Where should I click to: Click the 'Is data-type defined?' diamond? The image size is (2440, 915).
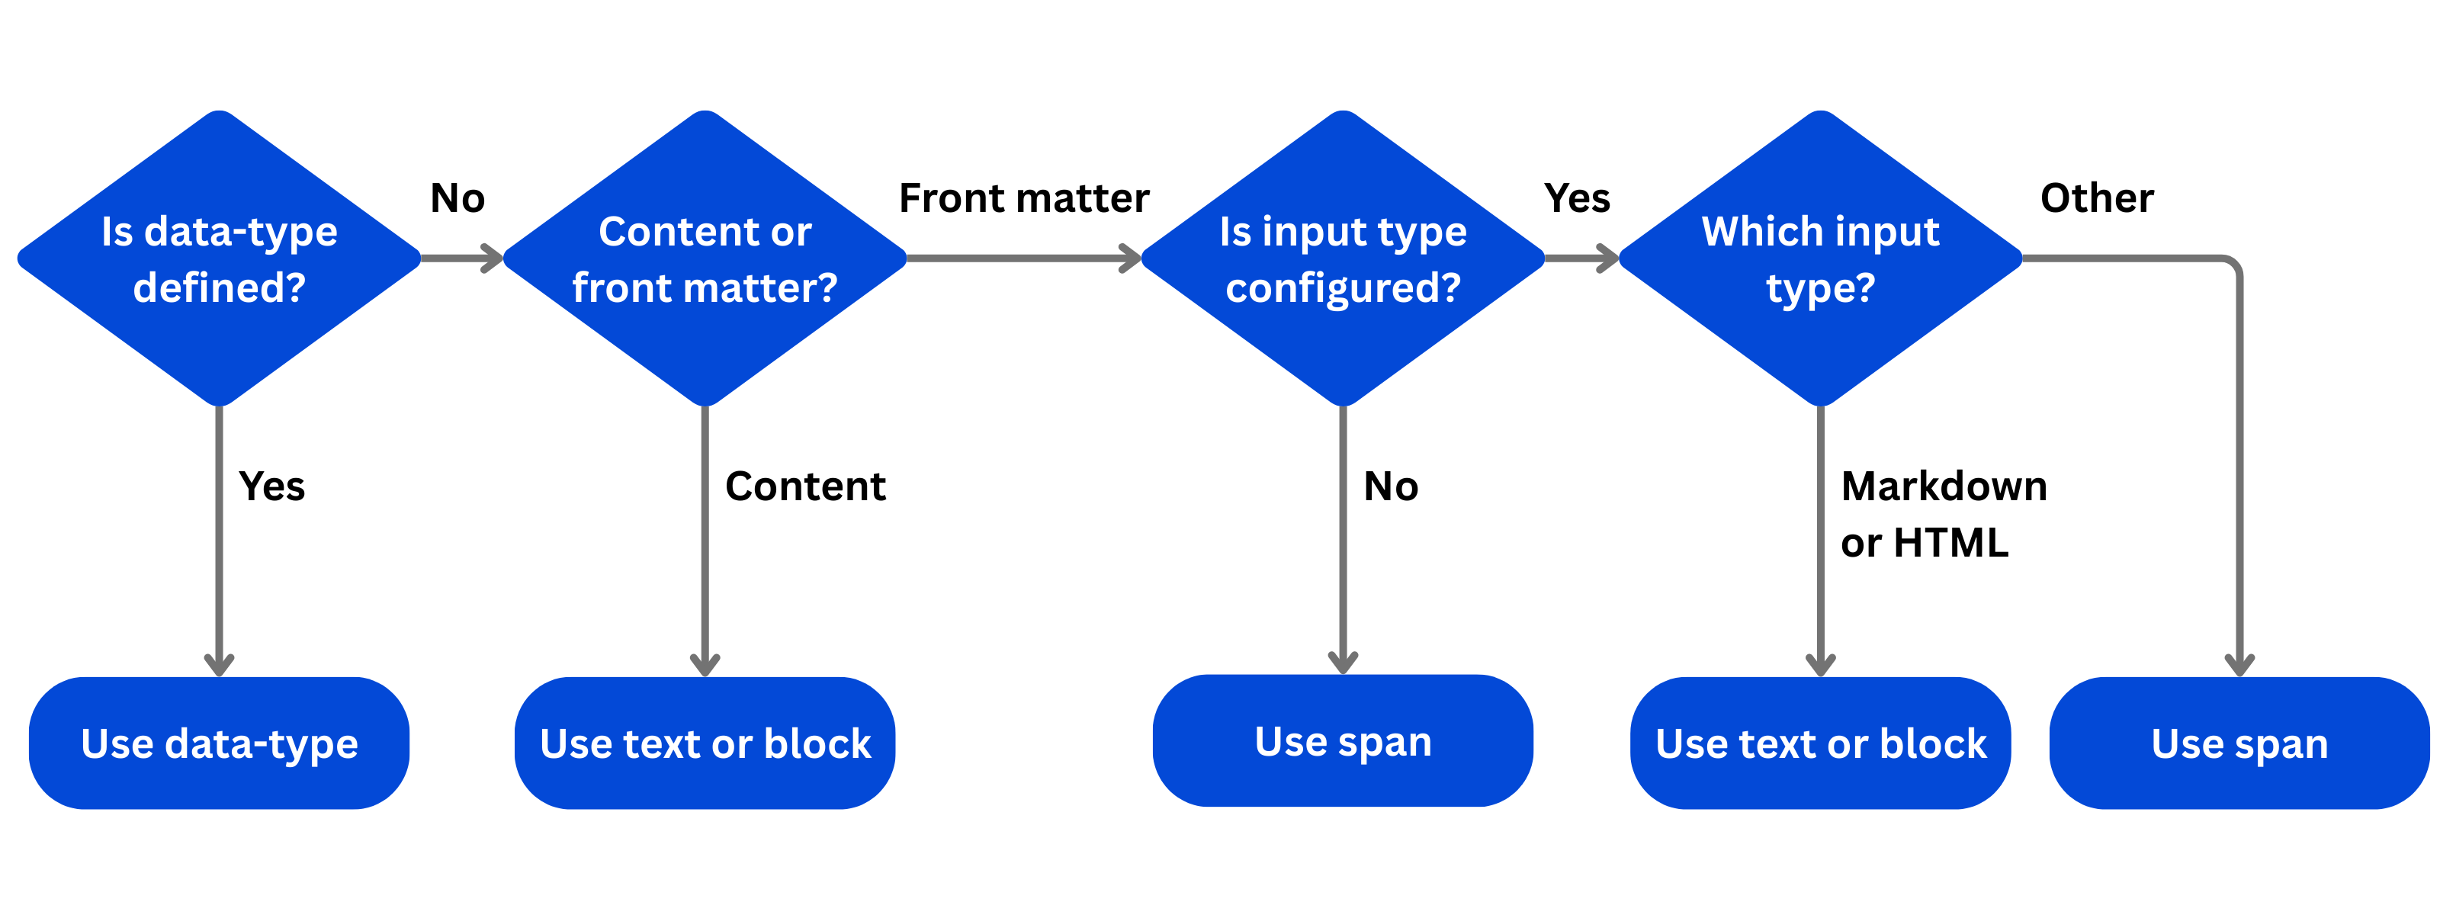pyautogui.click(x=219, y=258)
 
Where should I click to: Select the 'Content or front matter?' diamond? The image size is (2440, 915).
pyautogui.click(x=705, y=258)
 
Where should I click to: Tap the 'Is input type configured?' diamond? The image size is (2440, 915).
pyautogui.click(x=1342, y=258)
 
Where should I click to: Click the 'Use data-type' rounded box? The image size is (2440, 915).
pyautogui.click(x=219, y=743)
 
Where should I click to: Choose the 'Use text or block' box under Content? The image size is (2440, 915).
pyautogui.click(x=705, y=743)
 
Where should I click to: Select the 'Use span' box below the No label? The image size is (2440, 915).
pyautogui.click(x=1342, y=740)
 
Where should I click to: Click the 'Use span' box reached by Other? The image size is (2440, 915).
pyautogui.click(x=2239, y=743)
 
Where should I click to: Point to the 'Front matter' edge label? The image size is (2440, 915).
pyautogui.click(x=1024, y=198)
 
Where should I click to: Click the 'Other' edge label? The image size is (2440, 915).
pyautogui.click(x=2096, y=198)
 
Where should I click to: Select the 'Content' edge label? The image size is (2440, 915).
pyautogui.click(x=805, y=486)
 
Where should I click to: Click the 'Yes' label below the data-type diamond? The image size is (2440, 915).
pyautogui.click(x=272, y=486)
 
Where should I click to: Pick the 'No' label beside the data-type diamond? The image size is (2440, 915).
pyautogui.click(x=457, y=198)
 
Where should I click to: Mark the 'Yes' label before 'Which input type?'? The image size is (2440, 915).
pyautogui.click(x=1576, y=198)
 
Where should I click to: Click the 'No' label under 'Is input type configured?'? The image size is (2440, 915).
pyautogui.click(x=1391, y=486)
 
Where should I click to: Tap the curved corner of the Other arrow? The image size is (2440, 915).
pyautogui.click(x=2232, y=265)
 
